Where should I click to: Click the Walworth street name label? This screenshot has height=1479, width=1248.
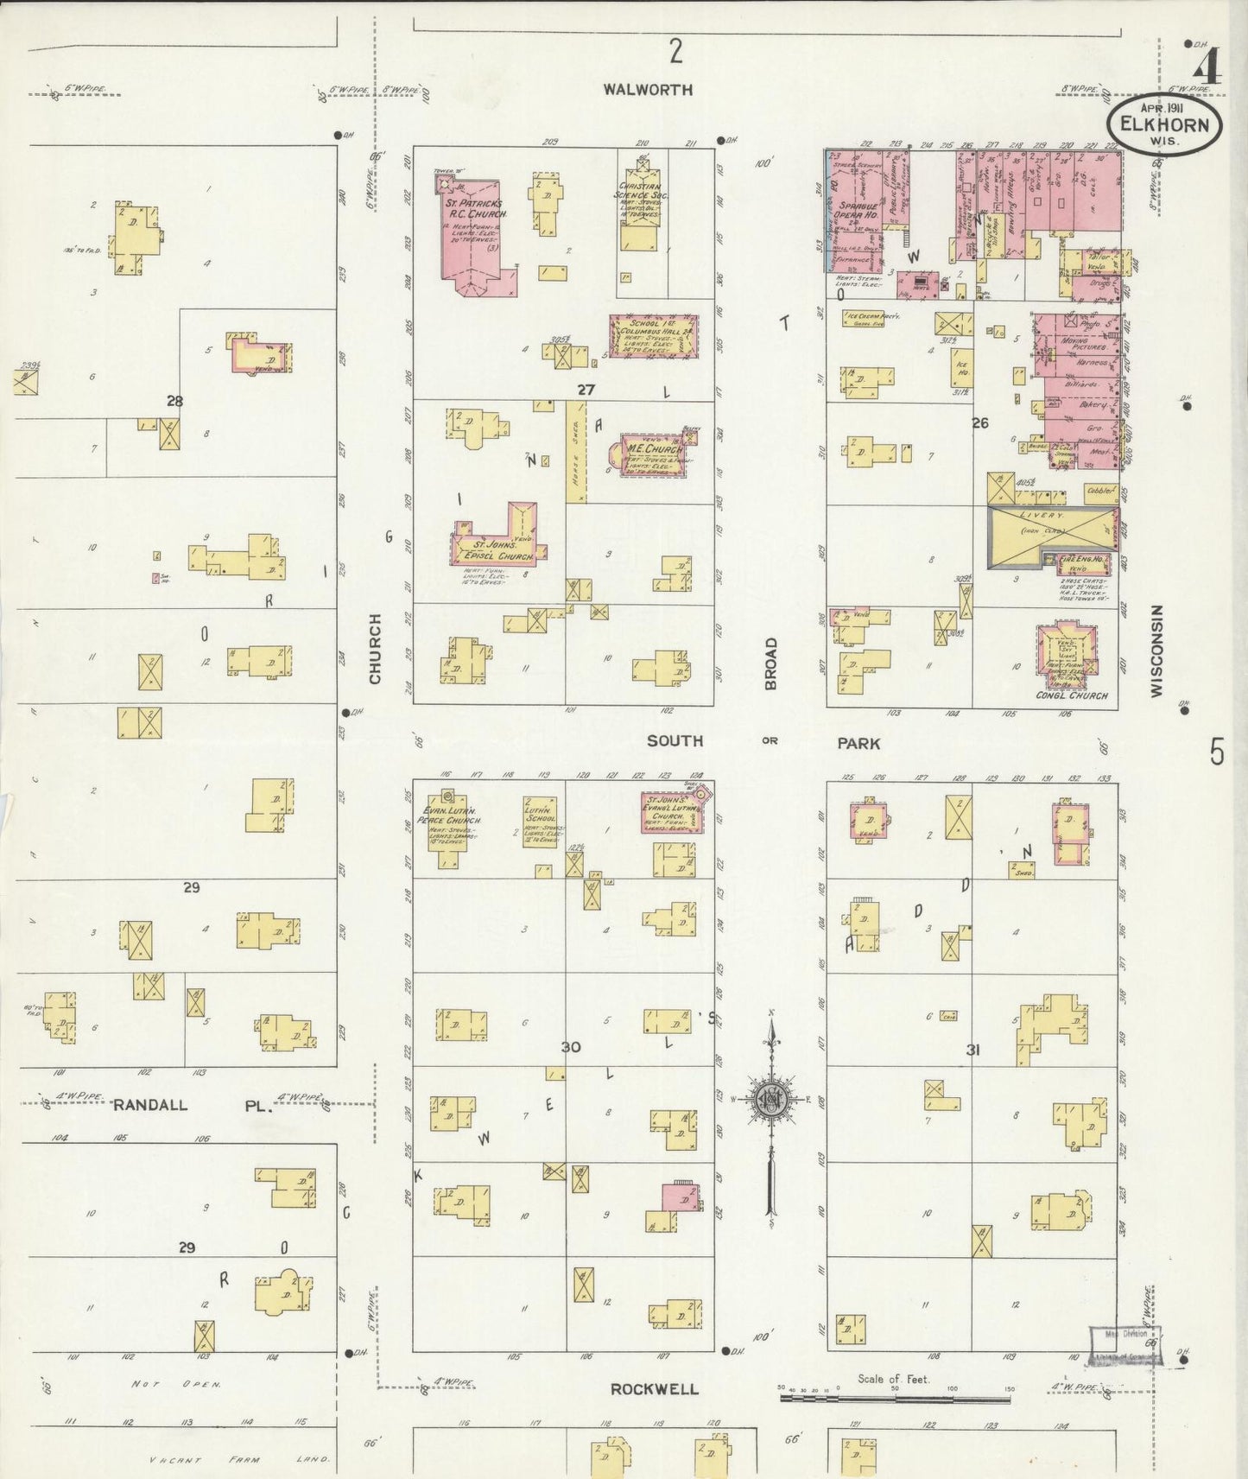648,89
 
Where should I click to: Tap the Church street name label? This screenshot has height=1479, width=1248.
375,649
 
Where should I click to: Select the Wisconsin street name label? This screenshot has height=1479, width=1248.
1156,650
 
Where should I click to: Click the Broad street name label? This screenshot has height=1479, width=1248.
770,663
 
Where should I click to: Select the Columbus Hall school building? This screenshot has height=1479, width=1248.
653,335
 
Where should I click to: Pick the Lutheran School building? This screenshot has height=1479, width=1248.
540,822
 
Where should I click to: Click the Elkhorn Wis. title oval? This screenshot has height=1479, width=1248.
1164,124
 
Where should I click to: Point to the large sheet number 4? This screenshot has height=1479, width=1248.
1207,67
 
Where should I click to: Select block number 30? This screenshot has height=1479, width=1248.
571,1047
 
